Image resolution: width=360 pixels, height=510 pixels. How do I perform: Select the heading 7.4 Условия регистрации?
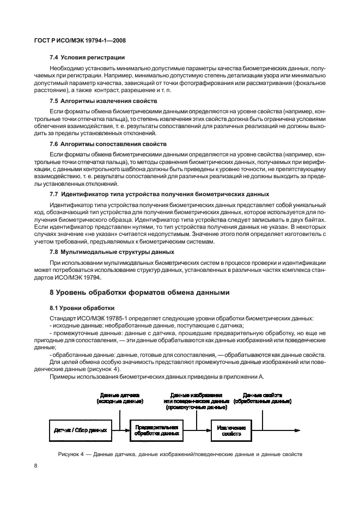(87, 57)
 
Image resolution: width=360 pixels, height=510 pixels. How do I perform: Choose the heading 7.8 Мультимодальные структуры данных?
(112, 252)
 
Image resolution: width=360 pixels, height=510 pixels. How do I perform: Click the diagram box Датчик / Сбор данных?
(80, 429)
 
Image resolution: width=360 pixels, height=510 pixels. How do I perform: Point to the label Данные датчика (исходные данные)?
(120, 397)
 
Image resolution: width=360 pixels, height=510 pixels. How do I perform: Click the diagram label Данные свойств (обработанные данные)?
(262, 397)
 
